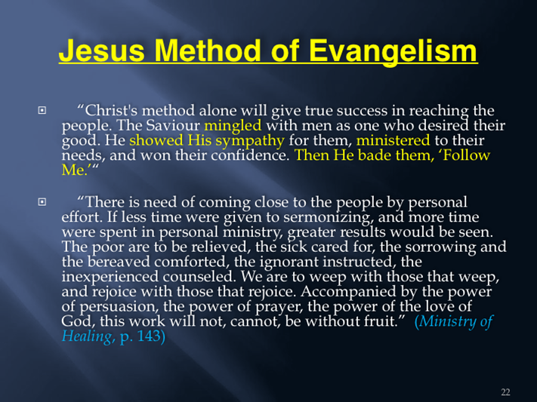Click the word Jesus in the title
tap(101, 51)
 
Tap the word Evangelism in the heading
tap(393, 51)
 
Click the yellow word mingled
tap(233, 126)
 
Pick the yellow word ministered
tap(393, 140)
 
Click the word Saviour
tap(173, 125)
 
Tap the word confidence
tap(250, 155)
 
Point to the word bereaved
tap(119, 262)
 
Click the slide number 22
tap(505, 392)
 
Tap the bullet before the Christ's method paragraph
tap(42, 110)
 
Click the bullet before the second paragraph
tap(42, 202)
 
